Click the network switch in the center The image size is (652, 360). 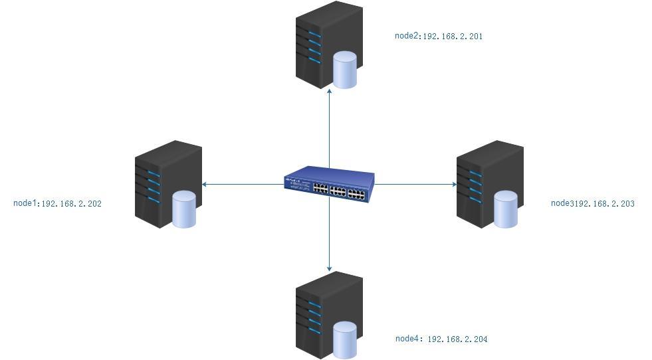pyautogui.click(x=329, y=184)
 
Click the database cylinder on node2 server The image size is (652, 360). pyautogui.click(x=344, y=70)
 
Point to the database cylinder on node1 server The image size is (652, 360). pyautogui.click(x=184, y=209)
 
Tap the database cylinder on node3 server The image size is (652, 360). pyautogui.click(x=505, y=209)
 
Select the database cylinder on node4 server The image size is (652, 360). pyautogui.click(x=344, y=339)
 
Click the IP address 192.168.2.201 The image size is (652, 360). pyautogui.click(x=453, y=37)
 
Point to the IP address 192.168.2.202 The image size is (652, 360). pyautogui.click(x=72, y=204)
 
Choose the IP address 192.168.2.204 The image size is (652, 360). pyautogui.click(x=457, y=339)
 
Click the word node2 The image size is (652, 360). pyautogui.click(x=407, y=36)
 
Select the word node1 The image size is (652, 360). pyautogui.click(x=25, y=203)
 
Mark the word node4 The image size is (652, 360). pyautogui.click(x=407, y=339)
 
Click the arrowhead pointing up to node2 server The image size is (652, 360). pyautogui.click(x=329, y=89)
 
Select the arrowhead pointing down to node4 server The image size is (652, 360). pyautogui.click(x=329, y=268)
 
